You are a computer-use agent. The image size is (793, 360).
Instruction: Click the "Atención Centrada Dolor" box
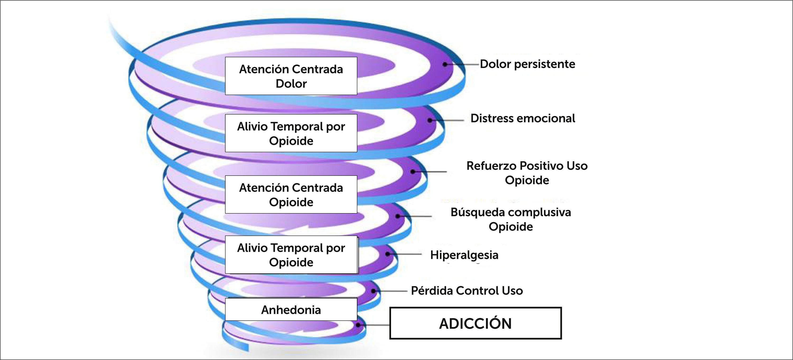(x=291, y=76)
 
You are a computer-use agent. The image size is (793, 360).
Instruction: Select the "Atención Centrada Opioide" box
(x=291, y=195)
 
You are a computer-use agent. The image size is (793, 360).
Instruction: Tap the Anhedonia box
(x=291, y=309)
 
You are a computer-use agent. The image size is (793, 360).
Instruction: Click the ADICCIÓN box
(x=475, y=323)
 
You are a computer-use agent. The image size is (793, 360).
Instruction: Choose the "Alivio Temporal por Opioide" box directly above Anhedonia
(x=291, y=255)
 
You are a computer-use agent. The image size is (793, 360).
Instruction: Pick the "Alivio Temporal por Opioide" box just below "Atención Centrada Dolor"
(x=291, y=133)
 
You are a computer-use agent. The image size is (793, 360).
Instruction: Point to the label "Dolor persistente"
(x=527, y=64)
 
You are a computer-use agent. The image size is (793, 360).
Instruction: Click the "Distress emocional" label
(x=523, y=118)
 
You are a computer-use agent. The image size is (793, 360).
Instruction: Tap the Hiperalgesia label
(x=464, y=255)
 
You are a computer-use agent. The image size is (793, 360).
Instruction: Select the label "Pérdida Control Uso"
(x=467, y=291)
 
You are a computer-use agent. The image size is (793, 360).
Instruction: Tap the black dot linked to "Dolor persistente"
(x=445, y=64)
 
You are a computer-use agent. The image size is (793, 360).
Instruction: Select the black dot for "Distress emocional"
(x=430, y=120)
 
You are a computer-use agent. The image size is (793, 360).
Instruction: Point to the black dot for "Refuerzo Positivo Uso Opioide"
(x=412, y=172)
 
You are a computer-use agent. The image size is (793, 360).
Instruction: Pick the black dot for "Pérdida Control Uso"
(x=373, y=291)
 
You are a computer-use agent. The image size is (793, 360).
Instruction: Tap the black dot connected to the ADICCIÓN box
(x=358, y=325)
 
